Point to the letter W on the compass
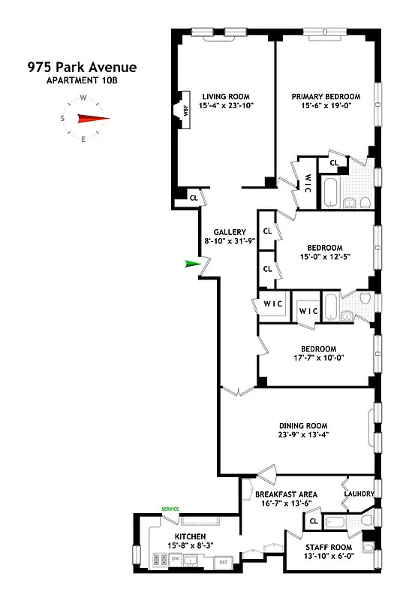(x=83, y=97)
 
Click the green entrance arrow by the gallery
(x=194, y=263)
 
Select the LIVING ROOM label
(x=225, y=96)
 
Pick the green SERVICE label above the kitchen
(x=171, y=509)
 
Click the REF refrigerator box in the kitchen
(x=223, y=561)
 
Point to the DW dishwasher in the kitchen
(x=174, y=558)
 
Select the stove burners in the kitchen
(x=159, y=558)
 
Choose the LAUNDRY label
(x=358, y=494)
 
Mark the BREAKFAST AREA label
(x=286, y=494)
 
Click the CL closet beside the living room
(x=193, y=198)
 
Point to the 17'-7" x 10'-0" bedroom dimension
(x=318, y=359)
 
